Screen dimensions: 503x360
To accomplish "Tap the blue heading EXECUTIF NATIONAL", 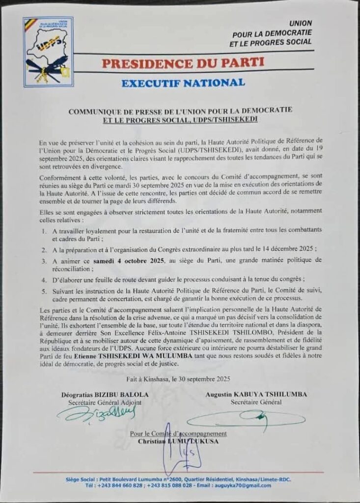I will [183, 83].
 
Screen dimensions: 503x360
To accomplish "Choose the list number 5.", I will [44, 291].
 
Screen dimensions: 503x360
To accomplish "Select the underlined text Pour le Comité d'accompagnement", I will [178, 434].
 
